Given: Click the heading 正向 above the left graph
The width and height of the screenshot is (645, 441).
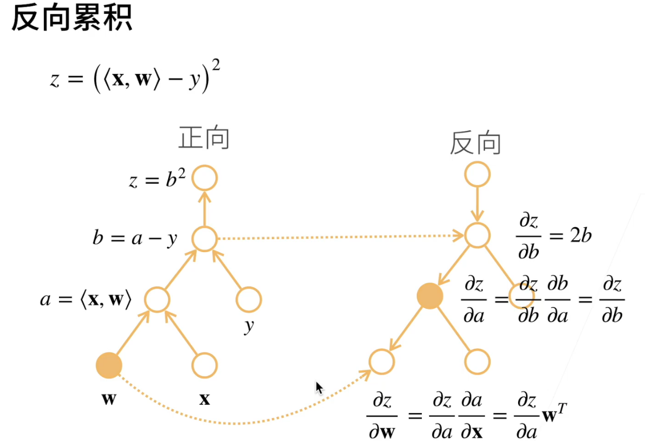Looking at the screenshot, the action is (204, 138).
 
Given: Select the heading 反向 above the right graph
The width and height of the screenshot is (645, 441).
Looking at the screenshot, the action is (475, 143).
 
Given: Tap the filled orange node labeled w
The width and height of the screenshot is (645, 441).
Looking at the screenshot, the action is (109, 365).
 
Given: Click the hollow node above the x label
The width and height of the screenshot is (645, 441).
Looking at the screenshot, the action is (204, 365).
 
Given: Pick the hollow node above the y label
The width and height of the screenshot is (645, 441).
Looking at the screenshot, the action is (249, 299).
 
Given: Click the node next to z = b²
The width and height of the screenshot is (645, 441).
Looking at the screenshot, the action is (204, 179).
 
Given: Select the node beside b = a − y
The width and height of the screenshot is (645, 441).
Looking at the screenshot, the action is (204, 239).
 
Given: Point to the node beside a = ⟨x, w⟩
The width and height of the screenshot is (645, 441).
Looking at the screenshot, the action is (157, 299).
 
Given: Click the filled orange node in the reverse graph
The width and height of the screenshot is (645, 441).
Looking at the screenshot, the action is (430, 297).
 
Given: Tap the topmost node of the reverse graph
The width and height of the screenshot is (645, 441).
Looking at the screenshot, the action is (477, 174).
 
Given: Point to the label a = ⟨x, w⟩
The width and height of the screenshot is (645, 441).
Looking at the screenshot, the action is (86, 300).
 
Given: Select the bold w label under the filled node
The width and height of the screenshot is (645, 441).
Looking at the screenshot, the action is (108, 400).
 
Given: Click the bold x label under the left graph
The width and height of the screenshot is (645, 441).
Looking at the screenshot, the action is (205, 400).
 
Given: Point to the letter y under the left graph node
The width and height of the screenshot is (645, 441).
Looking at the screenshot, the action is (249, 327).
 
